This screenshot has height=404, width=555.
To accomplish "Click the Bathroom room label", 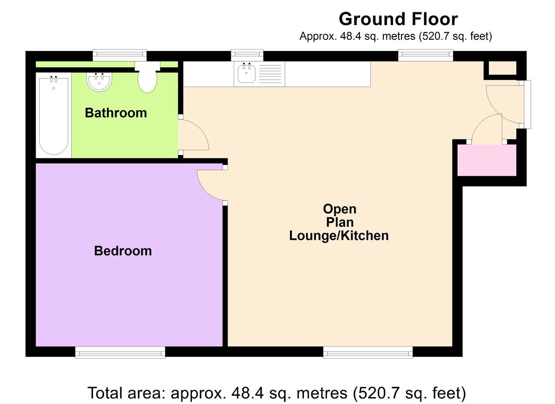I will pos(116,113).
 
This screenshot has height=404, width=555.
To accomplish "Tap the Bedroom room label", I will pos(123,251).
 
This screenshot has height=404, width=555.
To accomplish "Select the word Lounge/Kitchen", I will pos(339,236).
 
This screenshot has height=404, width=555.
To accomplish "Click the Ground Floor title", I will pos(398,19).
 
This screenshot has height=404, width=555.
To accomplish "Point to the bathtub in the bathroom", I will pos(54,116).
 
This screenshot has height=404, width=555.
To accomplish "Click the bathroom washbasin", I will pos(99,82).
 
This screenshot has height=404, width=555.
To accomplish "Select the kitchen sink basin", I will pos(247,74).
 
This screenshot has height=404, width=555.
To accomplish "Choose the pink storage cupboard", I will pos(487,160).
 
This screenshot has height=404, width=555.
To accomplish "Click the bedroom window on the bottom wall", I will pos(120,353).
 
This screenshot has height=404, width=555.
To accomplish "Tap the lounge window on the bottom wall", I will pos(368,353).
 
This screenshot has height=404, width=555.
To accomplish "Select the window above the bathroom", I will pos(119,55).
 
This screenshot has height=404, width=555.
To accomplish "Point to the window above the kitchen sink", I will pos(247,55).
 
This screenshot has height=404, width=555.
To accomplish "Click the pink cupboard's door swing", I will pos(486,130).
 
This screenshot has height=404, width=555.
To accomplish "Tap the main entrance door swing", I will pos(502,99).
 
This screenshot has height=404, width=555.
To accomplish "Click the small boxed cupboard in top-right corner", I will pos(503,69).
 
